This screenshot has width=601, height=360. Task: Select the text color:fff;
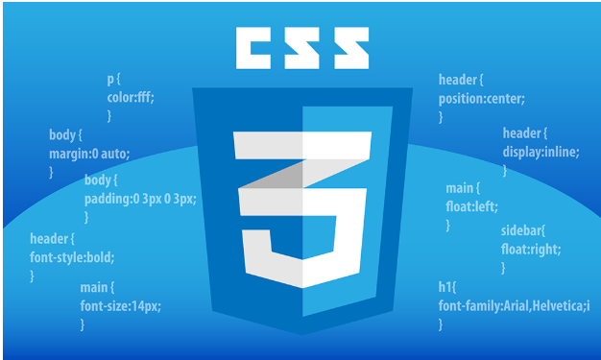pyautogui.click(x=131, y=97)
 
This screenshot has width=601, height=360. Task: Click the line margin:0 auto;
pyautogui.click(x=88, y=153)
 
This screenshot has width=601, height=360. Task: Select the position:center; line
pyautogui.click(x=482, y=98)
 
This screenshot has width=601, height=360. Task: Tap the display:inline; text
pyautogui.click(x=541, y=152)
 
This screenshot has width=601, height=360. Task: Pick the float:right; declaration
pyautogui.click(x=531, y=249)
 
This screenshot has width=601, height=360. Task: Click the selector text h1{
pyautogui.click(x=449, y=287)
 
